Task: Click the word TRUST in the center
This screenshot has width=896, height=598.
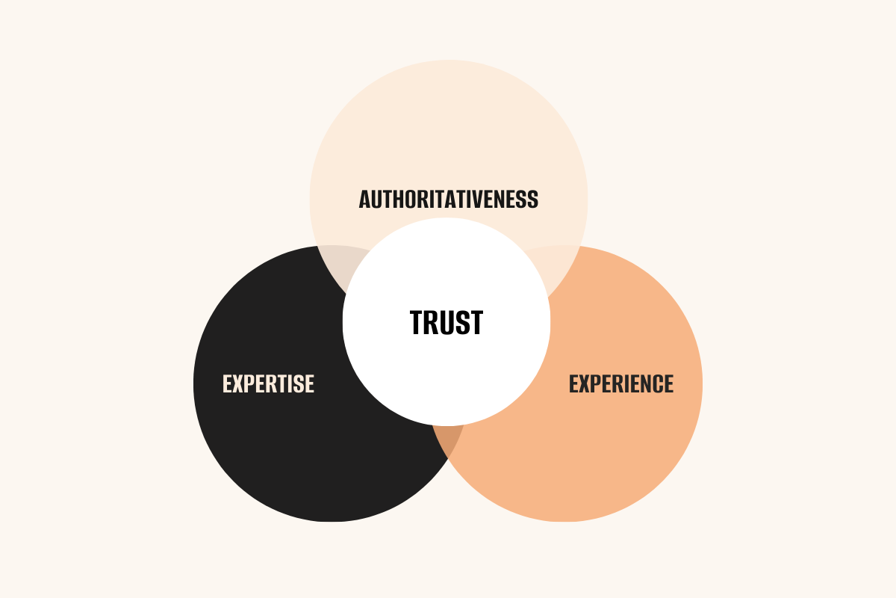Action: [x=447, y=322]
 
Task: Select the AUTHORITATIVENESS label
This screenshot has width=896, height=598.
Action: [x=448, y=200]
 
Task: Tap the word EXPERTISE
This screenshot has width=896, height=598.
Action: [x=268, y=383]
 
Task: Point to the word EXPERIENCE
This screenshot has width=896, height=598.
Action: [x=621, y=383]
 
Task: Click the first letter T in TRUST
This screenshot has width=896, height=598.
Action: [x=417, y=322]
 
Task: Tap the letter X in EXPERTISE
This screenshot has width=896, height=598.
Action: [x=239, y=383]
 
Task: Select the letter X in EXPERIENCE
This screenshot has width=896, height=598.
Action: [x=585, y=383]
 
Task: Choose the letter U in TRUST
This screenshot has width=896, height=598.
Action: [x=447, y=322]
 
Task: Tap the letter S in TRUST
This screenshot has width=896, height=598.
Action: [x=461, y=322]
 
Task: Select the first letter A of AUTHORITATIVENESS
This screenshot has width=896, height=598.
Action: [x=365, y=200]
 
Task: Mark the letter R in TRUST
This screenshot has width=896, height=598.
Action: [x=432, y=322]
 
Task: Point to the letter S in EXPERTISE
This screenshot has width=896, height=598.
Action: [x=299, y=383]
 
